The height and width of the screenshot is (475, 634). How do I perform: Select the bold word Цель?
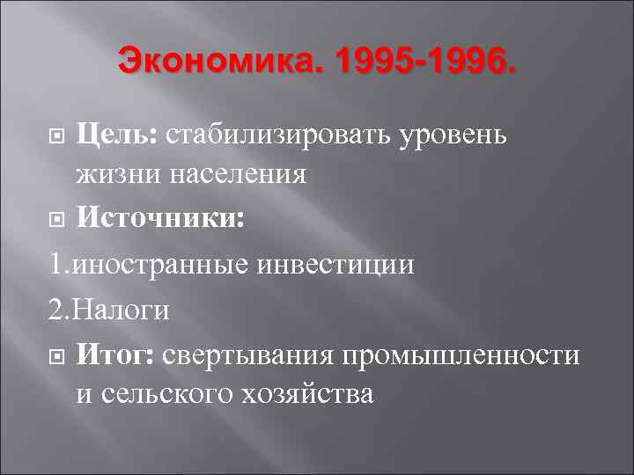(116, 136)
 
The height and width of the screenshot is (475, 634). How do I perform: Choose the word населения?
(233, 175)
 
